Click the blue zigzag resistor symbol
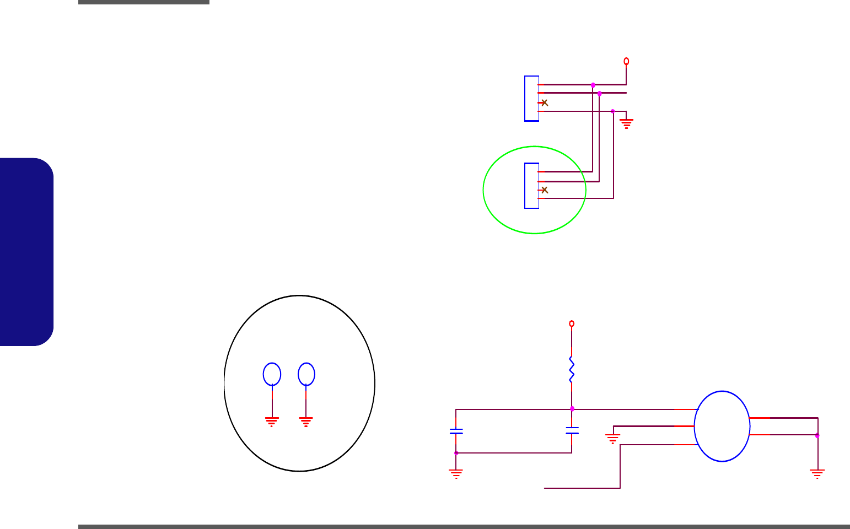pos(572,369)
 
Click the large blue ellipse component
pos(722,426)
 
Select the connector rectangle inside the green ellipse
pos(531,186)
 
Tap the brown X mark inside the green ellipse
pos(545,190)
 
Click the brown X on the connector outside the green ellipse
pos(545,102)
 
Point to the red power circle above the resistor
pos(572,323)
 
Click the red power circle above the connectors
pos(626,61)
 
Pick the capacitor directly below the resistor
pos(572,430)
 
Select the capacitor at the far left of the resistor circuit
pos(456,431)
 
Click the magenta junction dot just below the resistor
pos(572,409)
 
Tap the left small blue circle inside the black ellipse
pos(272,374)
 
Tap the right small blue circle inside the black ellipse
pos(306,374)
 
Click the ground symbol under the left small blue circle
pos(272,422)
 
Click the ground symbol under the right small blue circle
pos(306,422)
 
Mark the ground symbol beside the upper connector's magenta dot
pos(627,123)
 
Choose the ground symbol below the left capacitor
pos(456,474)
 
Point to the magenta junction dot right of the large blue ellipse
pos(817,435)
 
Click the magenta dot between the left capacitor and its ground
pos(456,453)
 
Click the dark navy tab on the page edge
pos(27,252)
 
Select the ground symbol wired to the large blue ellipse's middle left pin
pos(612,439)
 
